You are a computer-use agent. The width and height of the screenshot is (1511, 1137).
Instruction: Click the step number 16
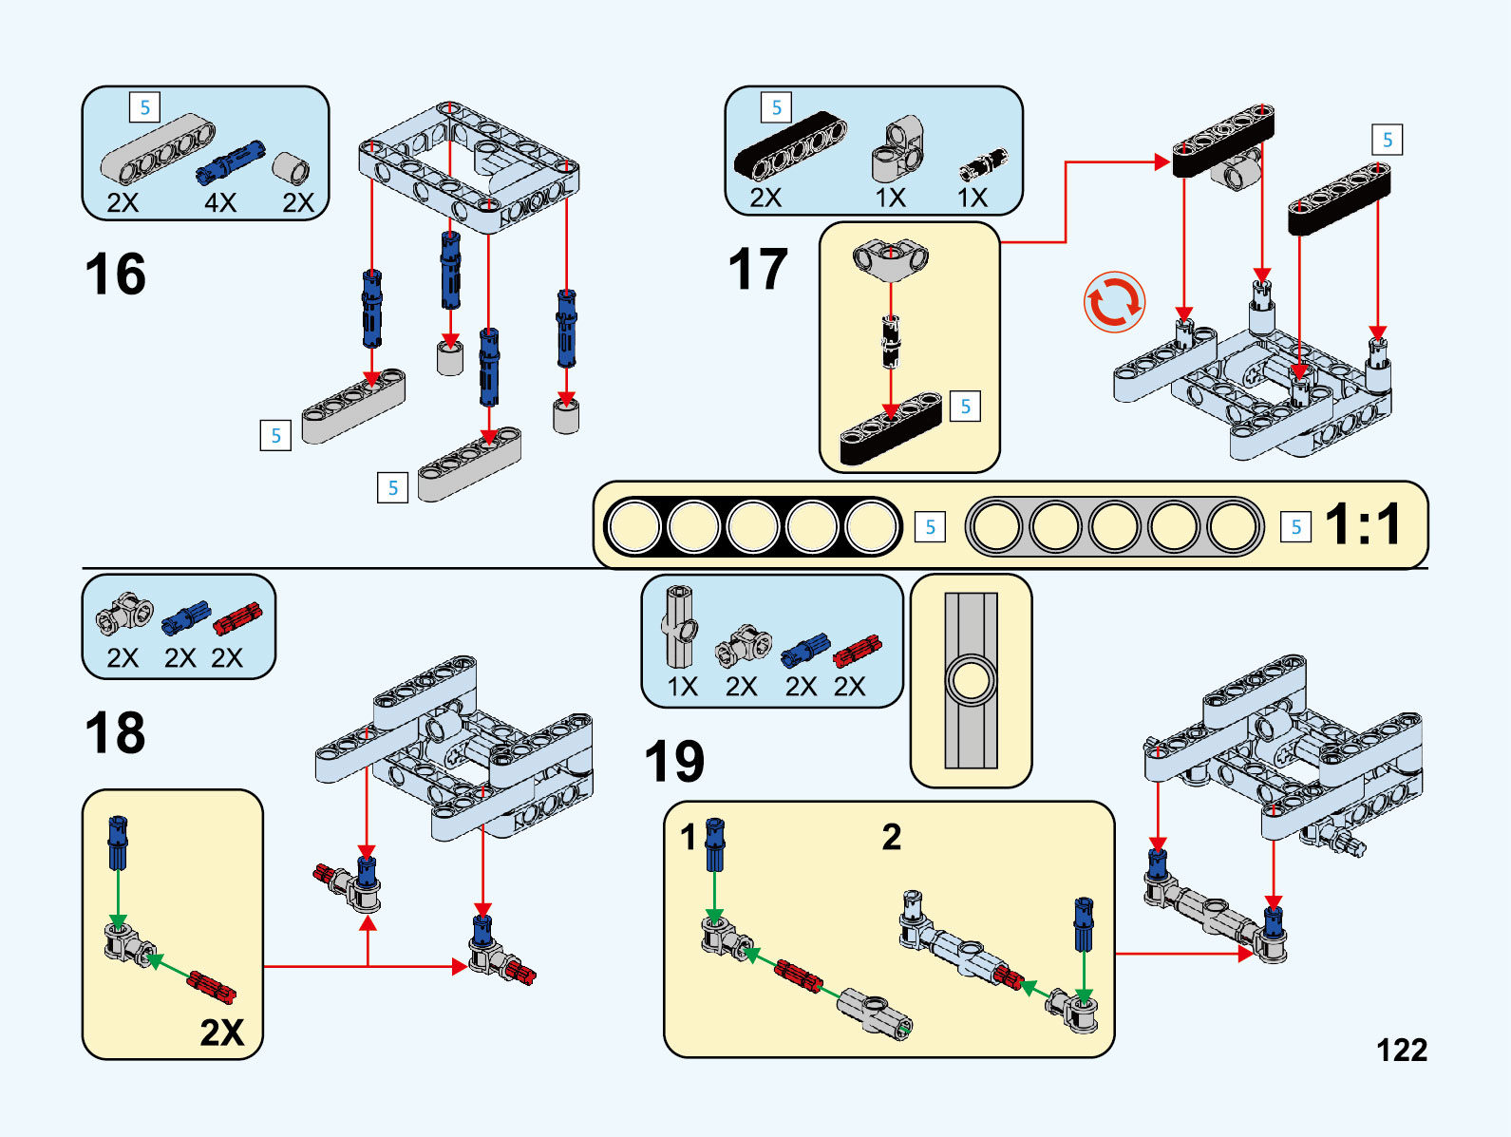115,275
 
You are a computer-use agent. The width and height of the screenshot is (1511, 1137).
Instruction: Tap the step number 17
758,270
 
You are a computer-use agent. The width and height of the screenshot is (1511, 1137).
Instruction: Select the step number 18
115,733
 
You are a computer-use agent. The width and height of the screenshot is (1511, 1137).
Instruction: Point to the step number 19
674,762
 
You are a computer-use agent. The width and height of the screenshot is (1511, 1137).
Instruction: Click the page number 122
1401,1050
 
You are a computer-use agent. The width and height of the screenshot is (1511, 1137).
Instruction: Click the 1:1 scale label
1363,524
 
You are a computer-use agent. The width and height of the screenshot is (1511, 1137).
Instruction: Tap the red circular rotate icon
1114,303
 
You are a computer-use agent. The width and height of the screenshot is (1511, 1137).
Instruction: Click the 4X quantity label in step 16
219,202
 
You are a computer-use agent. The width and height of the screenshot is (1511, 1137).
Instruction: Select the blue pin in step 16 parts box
230,161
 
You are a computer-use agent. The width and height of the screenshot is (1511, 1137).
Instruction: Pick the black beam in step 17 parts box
790,145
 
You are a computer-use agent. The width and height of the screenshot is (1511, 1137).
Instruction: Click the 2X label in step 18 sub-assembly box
221,1032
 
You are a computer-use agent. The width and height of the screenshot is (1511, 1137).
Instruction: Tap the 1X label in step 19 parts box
682,686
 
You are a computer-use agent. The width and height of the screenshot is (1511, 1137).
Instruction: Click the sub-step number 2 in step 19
891,837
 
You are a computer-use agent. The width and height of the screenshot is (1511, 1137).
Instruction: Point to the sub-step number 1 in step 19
688,837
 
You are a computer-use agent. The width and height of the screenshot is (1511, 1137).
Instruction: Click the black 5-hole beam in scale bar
752,526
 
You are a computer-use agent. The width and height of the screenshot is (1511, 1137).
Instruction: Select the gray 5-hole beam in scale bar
1114,526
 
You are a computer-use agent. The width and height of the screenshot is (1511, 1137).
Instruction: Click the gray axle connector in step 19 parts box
680,627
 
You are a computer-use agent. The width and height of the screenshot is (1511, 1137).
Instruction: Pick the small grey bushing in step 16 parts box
291,167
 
